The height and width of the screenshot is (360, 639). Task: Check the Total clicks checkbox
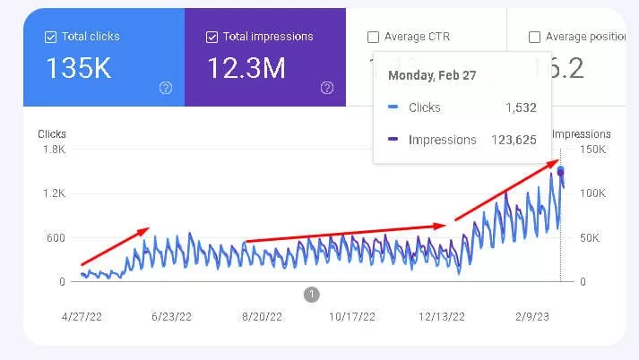click(50, 38)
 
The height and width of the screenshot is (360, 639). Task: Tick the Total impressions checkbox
click(212, 38)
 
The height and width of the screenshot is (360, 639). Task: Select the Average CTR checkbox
click(373, 38)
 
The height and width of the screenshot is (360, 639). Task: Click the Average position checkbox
click(534, 38)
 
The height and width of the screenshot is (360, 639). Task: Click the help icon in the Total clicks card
click(165, 88)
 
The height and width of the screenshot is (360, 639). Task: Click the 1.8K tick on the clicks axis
click(54, 150)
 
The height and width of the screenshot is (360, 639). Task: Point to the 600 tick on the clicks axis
click(56, 237)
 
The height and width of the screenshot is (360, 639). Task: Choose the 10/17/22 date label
click(351, 316)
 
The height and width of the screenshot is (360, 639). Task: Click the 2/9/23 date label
click(532, 316)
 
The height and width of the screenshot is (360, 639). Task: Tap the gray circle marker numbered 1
click(311, 294)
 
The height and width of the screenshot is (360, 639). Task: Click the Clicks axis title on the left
click(52, 134)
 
